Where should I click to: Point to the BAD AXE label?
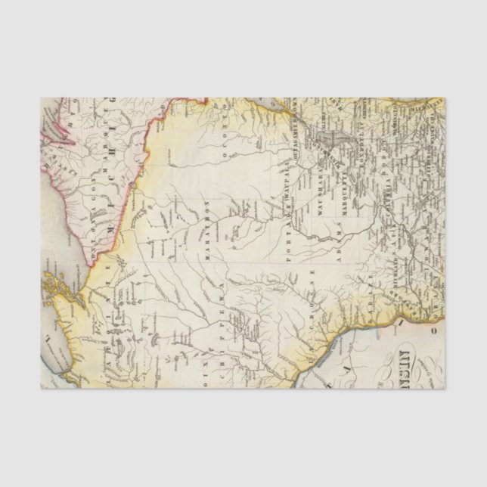pos(355,302)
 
